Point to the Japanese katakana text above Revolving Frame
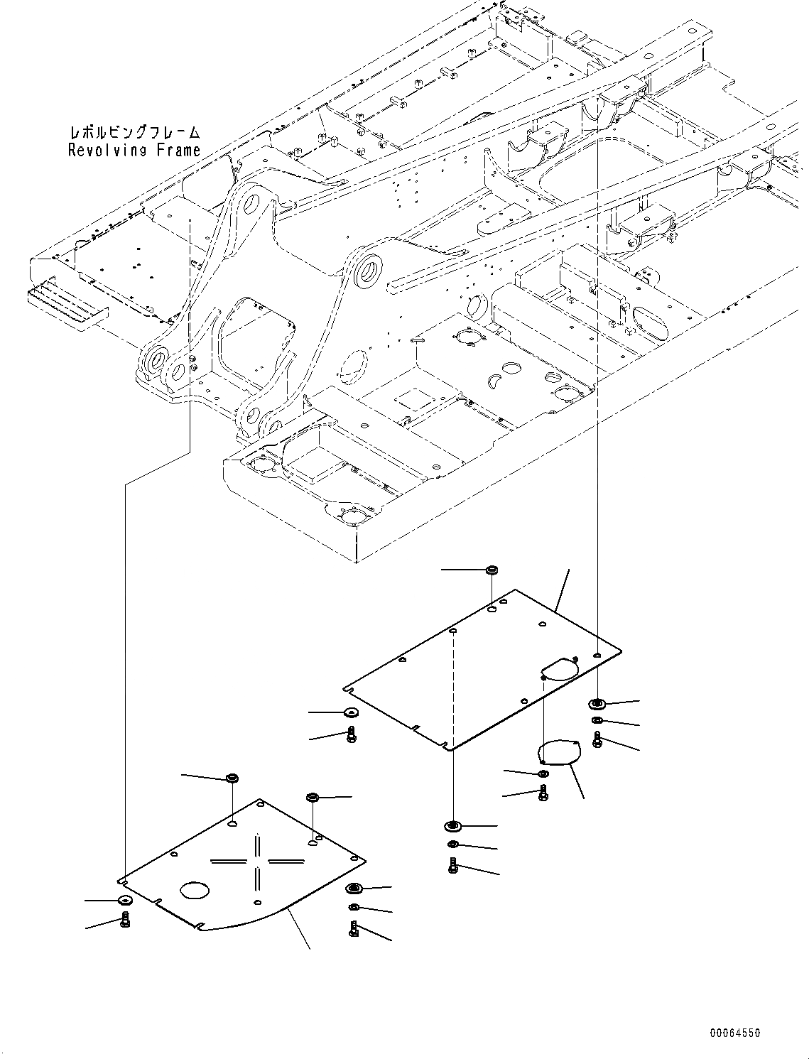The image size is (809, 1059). tap(134, 133)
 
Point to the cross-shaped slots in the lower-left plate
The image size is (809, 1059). tap(257, 861)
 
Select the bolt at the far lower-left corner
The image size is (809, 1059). tap(125, 922)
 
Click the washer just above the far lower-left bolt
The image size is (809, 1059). tap(124, 901)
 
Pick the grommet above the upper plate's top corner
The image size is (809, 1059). tap(491, 570)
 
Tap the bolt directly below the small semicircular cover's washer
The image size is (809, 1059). tap(543, 793)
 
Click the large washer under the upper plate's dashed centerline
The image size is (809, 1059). tap(452, 826)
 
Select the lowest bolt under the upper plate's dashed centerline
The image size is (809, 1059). tap(453, 866)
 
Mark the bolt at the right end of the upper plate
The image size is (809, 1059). tap(597, 741)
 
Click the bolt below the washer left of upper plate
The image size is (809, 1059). tap(351, 735)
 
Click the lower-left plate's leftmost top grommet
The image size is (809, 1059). tap(231, 778)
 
